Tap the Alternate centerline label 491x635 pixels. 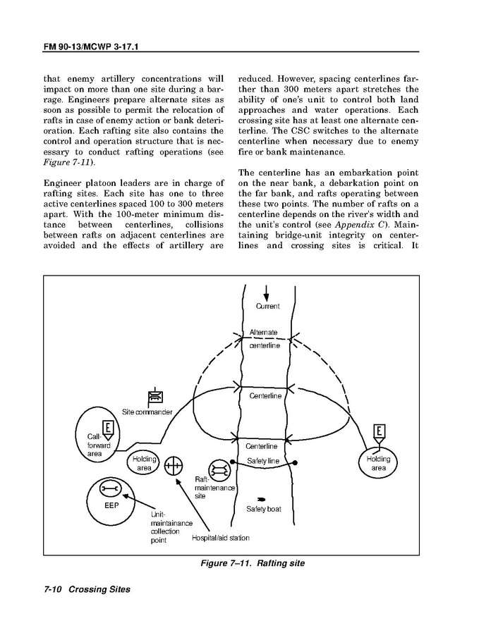tap(264, 338)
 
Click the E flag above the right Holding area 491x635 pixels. tap(380, 431)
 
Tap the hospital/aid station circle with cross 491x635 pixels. tap(173, 465)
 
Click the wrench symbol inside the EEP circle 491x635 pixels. tap(108, 488)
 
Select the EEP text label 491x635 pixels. tap(111, 505)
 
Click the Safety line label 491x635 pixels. tap(263, 460)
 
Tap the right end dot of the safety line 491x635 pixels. tap(294, 462)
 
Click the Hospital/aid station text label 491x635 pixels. tap(220, 538)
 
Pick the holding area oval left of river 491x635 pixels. tap(143, 463)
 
